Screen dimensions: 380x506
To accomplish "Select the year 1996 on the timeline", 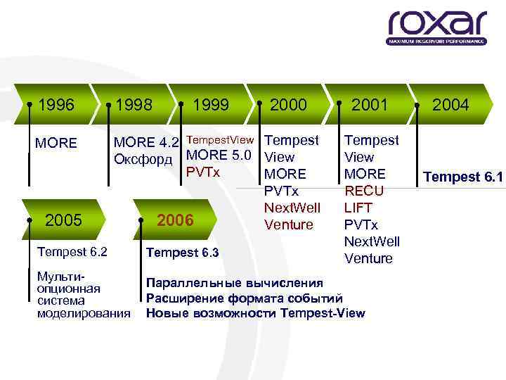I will tap(56, 105).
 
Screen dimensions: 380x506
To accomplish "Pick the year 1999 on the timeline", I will tap(211, 105).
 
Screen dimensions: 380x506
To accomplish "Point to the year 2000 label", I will tap(288, 105).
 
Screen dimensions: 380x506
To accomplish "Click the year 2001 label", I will tap(370, 105).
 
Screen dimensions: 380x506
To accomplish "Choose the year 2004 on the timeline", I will tap(450, 105).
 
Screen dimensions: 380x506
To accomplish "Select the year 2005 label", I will tap(63, 220).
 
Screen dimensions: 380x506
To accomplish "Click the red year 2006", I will tap(175, 220).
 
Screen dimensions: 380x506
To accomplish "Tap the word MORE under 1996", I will tap(56, 144).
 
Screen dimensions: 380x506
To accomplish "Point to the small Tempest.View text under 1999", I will tap(219, 140).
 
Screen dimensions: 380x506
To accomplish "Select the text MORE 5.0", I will tap(219, 156).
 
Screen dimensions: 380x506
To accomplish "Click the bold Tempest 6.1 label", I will tap(463, 177).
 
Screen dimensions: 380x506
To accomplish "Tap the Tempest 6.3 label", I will tap(181, 253).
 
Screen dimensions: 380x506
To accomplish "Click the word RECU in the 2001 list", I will tap(365, 191).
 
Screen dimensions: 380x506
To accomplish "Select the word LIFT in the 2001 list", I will tap(358, 208).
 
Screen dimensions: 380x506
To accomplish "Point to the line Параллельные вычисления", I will tap(234, 283).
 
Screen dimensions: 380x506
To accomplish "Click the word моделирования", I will tap(84, 313).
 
